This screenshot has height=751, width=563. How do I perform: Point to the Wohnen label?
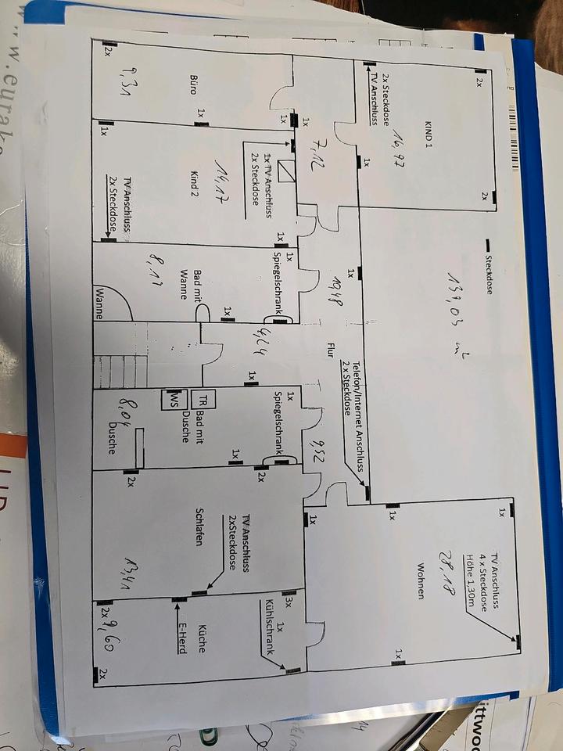(x=421, y=581)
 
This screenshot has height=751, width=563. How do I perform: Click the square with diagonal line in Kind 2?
(x=286, y=171)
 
